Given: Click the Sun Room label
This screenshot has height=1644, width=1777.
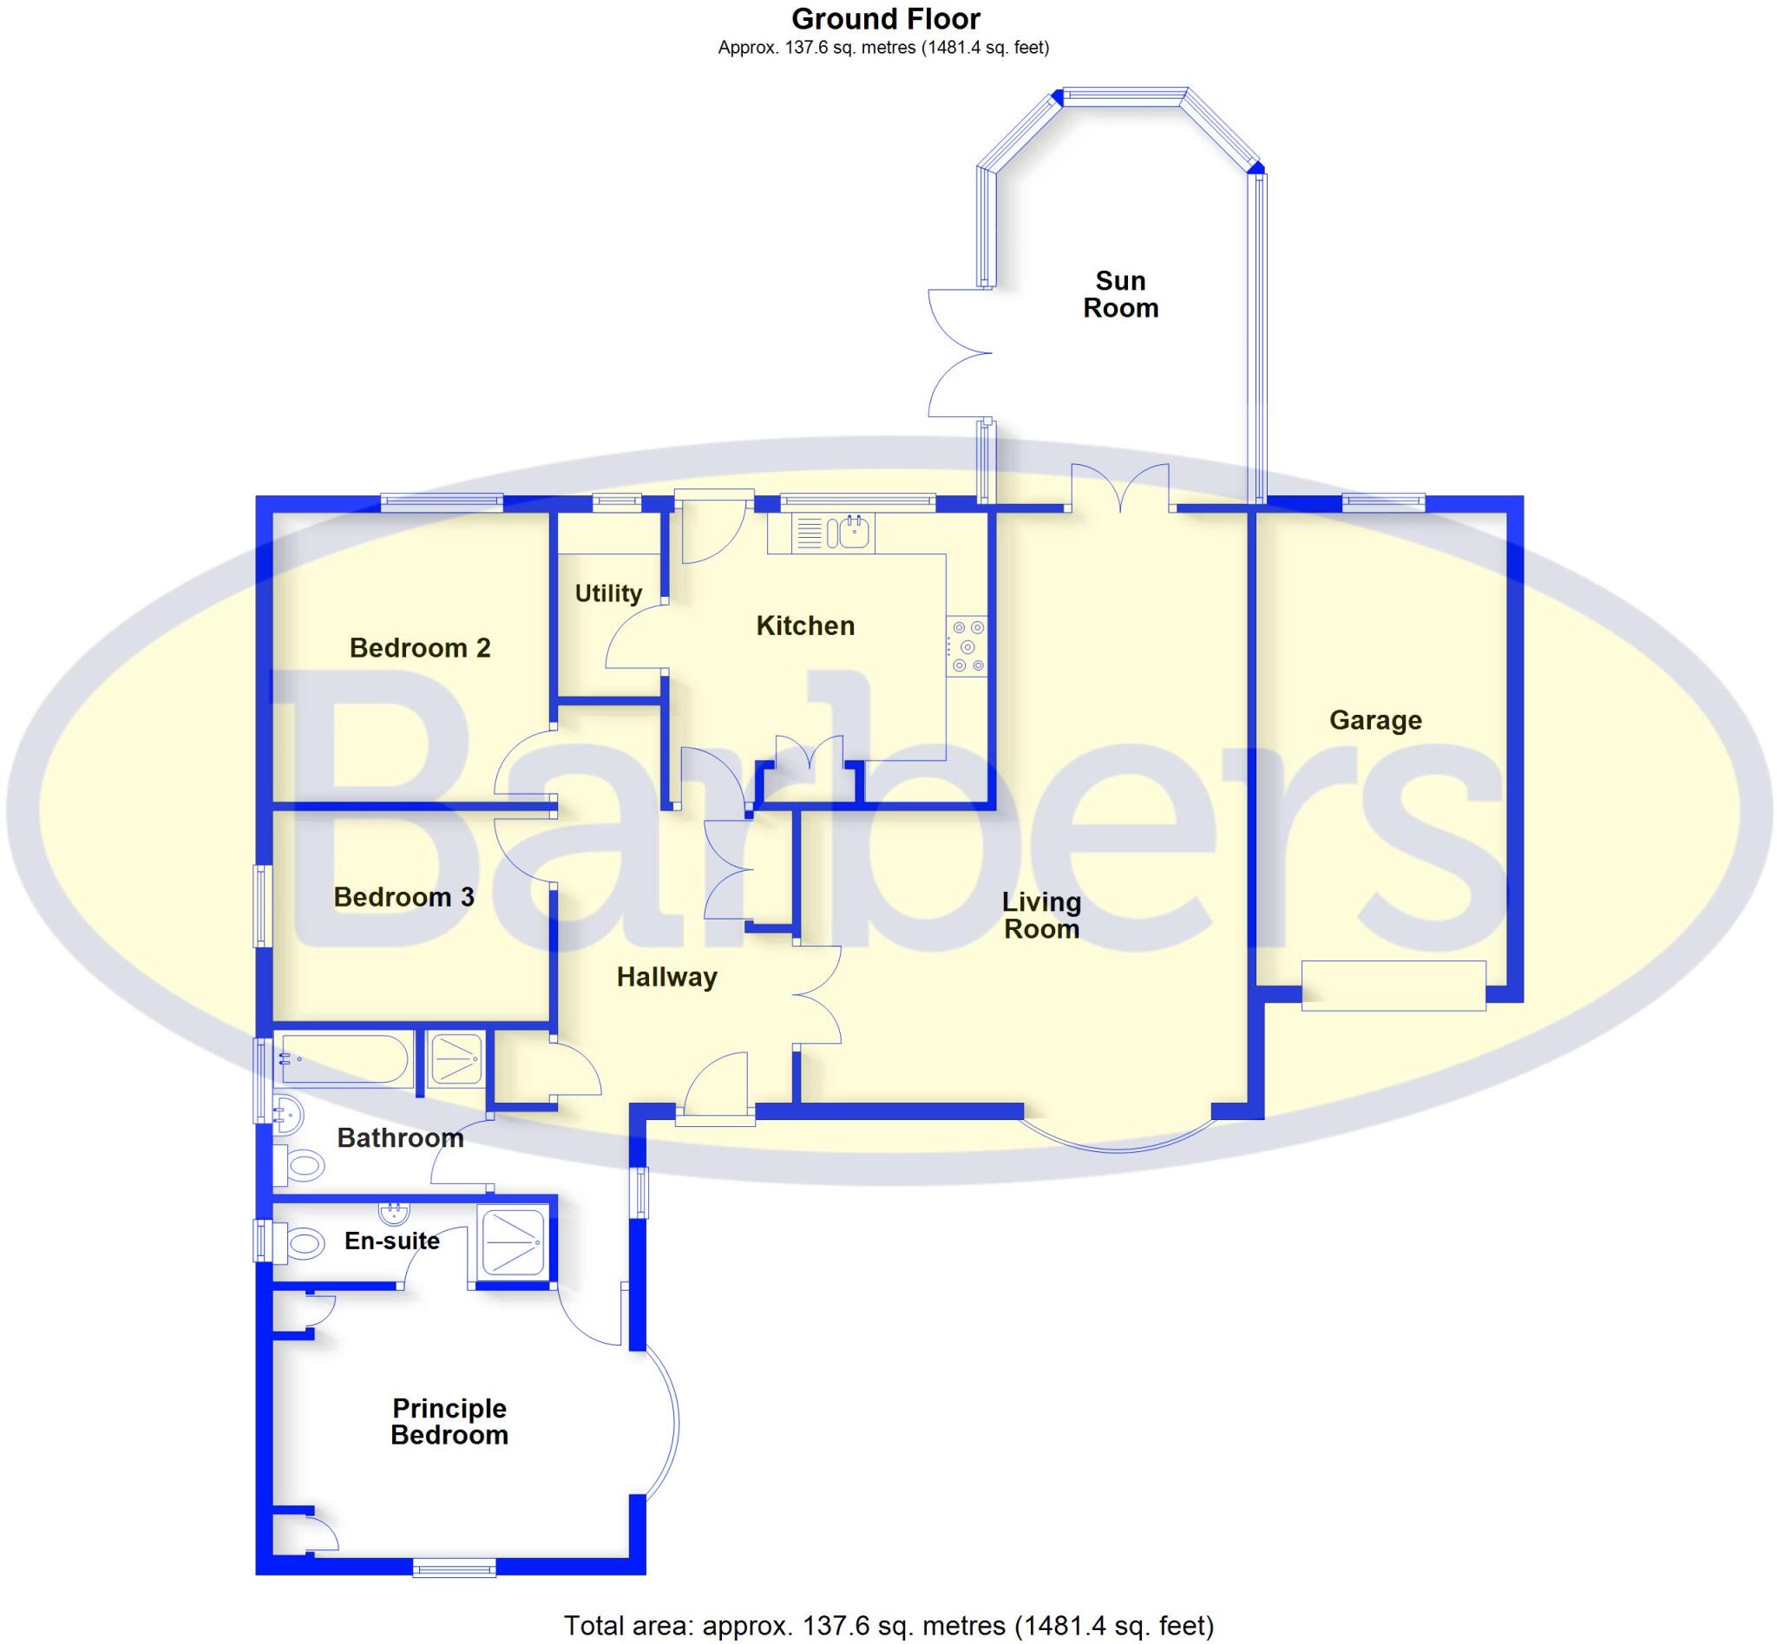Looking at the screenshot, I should click(x=1119, y=293).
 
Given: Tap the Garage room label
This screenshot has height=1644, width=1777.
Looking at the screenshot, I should click(x=1374, y=720).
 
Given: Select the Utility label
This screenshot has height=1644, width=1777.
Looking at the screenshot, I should click(x=607, y=593).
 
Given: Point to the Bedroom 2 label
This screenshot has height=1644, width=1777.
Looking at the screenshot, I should click(x=419, y=648).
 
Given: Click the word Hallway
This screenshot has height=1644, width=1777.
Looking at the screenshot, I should click(x=666, y=977).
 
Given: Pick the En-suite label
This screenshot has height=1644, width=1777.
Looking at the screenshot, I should click(x=391, y=1240).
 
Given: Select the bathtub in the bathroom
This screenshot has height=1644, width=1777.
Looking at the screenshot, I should click(x=343, y=1059).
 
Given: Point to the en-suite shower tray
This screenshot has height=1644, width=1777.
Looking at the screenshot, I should click(x=511, y=1240).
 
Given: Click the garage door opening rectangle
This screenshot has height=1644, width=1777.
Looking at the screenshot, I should click(x=1393, y=985).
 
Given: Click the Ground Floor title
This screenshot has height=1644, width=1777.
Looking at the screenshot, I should click(x=884, y=19).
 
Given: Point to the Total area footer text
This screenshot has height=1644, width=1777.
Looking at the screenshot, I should click(x=888, y=1625).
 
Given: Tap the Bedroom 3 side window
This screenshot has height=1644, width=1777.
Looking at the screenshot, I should click(x=262, y=905).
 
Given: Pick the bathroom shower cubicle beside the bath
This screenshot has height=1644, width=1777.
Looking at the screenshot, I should click(x=456, y=1058).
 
